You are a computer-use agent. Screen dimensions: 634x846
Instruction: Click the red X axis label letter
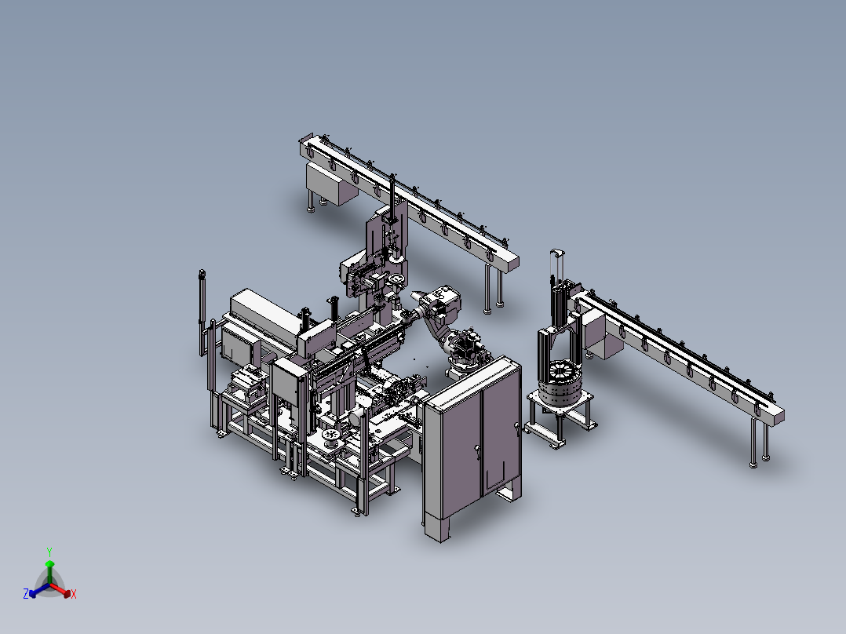click(x=74, y=595)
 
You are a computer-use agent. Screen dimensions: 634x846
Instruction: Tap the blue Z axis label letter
click(x=25, y=595)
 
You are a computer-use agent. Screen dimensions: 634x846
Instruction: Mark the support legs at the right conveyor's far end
click(x=760, y=443)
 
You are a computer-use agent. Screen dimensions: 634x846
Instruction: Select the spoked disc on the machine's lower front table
click(x=332, y=436)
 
